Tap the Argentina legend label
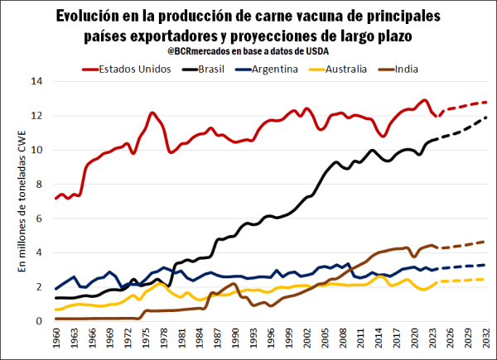(x=272, y=69)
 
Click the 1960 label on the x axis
(x=56, y=339)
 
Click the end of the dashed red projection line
(x=485, y=102)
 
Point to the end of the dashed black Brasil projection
(x=485, y=117)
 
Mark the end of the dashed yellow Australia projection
(x=485, y=279)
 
